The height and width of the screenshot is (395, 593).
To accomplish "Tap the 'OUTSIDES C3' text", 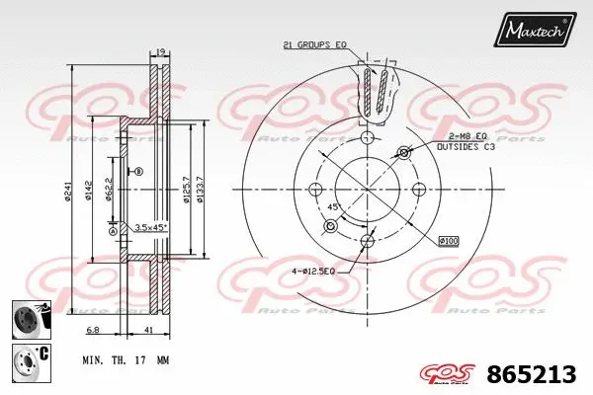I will [468, 146].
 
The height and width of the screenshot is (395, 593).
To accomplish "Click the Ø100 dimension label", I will [450, 241].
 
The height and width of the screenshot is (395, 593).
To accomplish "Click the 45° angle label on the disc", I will [334, 207].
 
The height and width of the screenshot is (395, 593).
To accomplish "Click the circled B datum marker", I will [138, 172].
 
